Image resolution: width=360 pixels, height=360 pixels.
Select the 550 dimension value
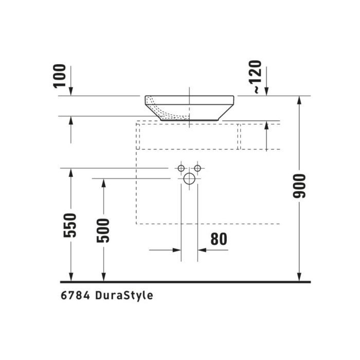(x=71, y=225)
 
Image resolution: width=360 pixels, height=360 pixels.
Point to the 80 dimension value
(x=219, y=239)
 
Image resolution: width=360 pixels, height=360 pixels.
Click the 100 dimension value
(x=61, y=76)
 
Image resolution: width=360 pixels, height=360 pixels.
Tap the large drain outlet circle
(x=190, y=179)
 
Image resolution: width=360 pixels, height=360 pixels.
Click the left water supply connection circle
(x=181, y=168)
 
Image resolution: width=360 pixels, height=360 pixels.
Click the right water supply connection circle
(x=198, y=168)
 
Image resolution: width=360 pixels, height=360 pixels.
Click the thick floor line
(x=185, y=282)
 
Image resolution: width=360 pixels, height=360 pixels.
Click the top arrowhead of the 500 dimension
(x=104, y=182)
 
